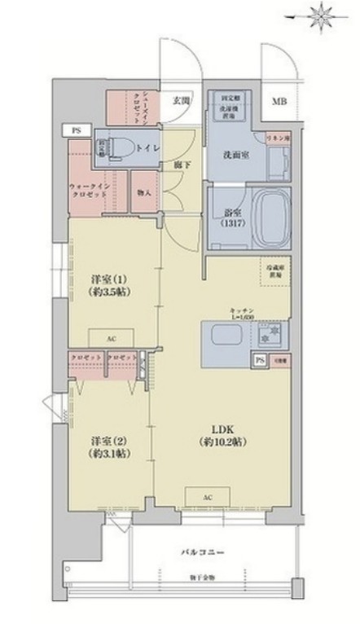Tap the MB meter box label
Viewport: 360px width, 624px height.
[x=279, y=102]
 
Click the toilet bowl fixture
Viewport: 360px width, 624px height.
[x=121, y=147]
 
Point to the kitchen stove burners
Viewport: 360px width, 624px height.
[x=269, y=335]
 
